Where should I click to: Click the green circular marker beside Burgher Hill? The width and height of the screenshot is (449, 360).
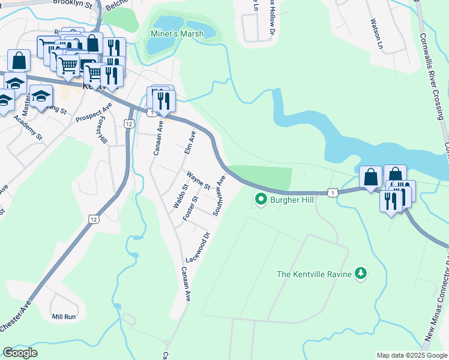[x=261, y=199]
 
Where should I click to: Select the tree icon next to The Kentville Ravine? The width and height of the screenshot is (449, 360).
[x=360, y=274]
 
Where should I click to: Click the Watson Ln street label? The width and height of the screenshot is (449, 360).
[x=376, y=33]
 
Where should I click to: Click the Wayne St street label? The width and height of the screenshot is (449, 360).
[x=197, y=181]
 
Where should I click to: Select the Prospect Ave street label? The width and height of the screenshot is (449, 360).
[x=94, y=112]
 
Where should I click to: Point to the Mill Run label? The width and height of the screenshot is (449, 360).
[x=64, y=316]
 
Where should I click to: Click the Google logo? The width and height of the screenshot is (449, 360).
[x=20, y=353]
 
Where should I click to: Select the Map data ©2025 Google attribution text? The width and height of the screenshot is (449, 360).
[x=411, y=355]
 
